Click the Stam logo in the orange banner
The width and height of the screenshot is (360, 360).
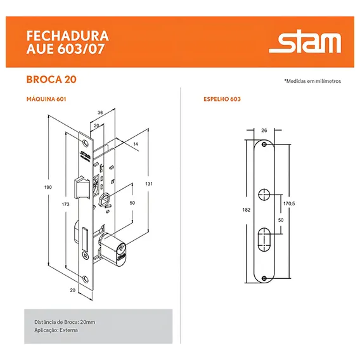[x=305, y=41]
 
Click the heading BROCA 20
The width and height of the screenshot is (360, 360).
[x=51, y=79]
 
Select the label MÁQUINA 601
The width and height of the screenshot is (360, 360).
[x=46, y=99]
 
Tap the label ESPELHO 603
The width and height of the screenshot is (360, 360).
[x=222, y=99]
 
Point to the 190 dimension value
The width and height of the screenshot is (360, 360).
[x=48, y=188]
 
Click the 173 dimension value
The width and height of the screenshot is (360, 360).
[x=65, y=204]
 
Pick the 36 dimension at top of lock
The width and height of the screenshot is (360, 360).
[x=100, y=113]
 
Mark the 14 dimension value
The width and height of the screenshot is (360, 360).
[x=136, y=144]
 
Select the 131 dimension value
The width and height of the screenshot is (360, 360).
[x=149, y=184]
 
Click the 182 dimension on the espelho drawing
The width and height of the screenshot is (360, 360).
[x=247, y=210]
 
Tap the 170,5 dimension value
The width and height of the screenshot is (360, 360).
[x=289, y=203]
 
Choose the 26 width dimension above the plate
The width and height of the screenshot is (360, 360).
[x=264, y=131]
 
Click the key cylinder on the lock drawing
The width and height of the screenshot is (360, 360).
[x=113, y=249]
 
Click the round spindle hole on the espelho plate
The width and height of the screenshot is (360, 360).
[x=264, y=195]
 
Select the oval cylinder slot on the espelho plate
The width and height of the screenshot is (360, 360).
[x=264, y=240]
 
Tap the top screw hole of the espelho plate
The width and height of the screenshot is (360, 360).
[x=264, y=145]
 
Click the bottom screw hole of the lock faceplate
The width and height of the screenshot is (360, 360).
[x=86, y=280]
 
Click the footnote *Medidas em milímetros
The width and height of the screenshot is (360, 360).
[x=312, y=81]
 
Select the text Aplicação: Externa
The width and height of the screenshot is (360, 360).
[x=56, y=330]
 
